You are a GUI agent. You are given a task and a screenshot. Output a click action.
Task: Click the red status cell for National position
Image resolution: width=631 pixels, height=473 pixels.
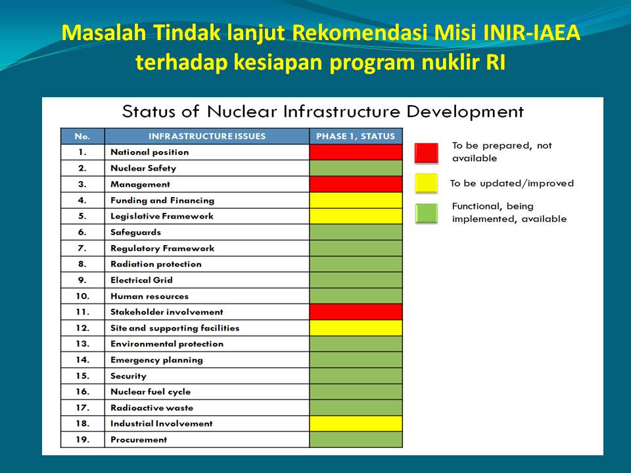[356, 152]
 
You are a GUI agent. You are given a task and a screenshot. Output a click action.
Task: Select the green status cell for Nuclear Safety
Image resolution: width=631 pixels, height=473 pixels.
[356, 168]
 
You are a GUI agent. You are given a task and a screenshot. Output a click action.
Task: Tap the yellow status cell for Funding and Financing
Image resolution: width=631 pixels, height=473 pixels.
[356, 200]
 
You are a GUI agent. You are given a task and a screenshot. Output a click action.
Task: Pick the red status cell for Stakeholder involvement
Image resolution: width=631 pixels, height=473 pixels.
[356, 311]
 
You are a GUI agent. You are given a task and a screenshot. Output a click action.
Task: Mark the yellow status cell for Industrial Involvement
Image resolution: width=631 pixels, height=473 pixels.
[356, 424]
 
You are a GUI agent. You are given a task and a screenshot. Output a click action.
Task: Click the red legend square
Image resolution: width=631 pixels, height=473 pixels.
[426, 153]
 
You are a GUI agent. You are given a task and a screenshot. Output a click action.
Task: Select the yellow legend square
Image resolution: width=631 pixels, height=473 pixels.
[426, 183]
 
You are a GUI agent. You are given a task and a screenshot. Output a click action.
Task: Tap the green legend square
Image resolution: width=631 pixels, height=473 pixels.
[426, 213]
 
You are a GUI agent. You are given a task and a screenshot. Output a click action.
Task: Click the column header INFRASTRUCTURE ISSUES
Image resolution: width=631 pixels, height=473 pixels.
[207, 137]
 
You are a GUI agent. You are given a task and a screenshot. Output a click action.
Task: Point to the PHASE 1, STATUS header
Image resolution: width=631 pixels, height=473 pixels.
[356, 137]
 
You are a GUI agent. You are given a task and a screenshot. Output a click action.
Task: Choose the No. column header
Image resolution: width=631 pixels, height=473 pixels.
[82, 137]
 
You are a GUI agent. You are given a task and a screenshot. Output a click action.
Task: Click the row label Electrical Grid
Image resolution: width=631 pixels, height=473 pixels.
[142, 280]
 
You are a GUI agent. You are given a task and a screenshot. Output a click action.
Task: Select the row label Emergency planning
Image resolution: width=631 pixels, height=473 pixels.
[156, 360]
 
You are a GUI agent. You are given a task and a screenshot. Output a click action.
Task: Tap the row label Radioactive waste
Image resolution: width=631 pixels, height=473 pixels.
[152, 408]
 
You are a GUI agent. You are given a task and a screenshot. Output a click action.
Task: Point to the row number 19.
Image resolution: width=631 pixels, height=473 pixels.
[82, 439]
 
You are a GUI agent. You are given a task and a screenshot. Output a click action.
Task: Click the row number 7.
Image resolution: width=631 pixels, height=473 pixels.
[82, 248]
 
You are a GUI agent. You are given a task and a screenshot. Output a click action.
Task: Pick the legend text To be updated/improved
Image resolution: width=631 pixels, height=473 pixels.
[512, 183]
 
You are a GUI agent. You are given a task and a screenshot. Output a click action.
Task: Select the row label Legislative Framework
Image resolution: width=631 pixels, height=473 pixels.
[162, 216]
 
